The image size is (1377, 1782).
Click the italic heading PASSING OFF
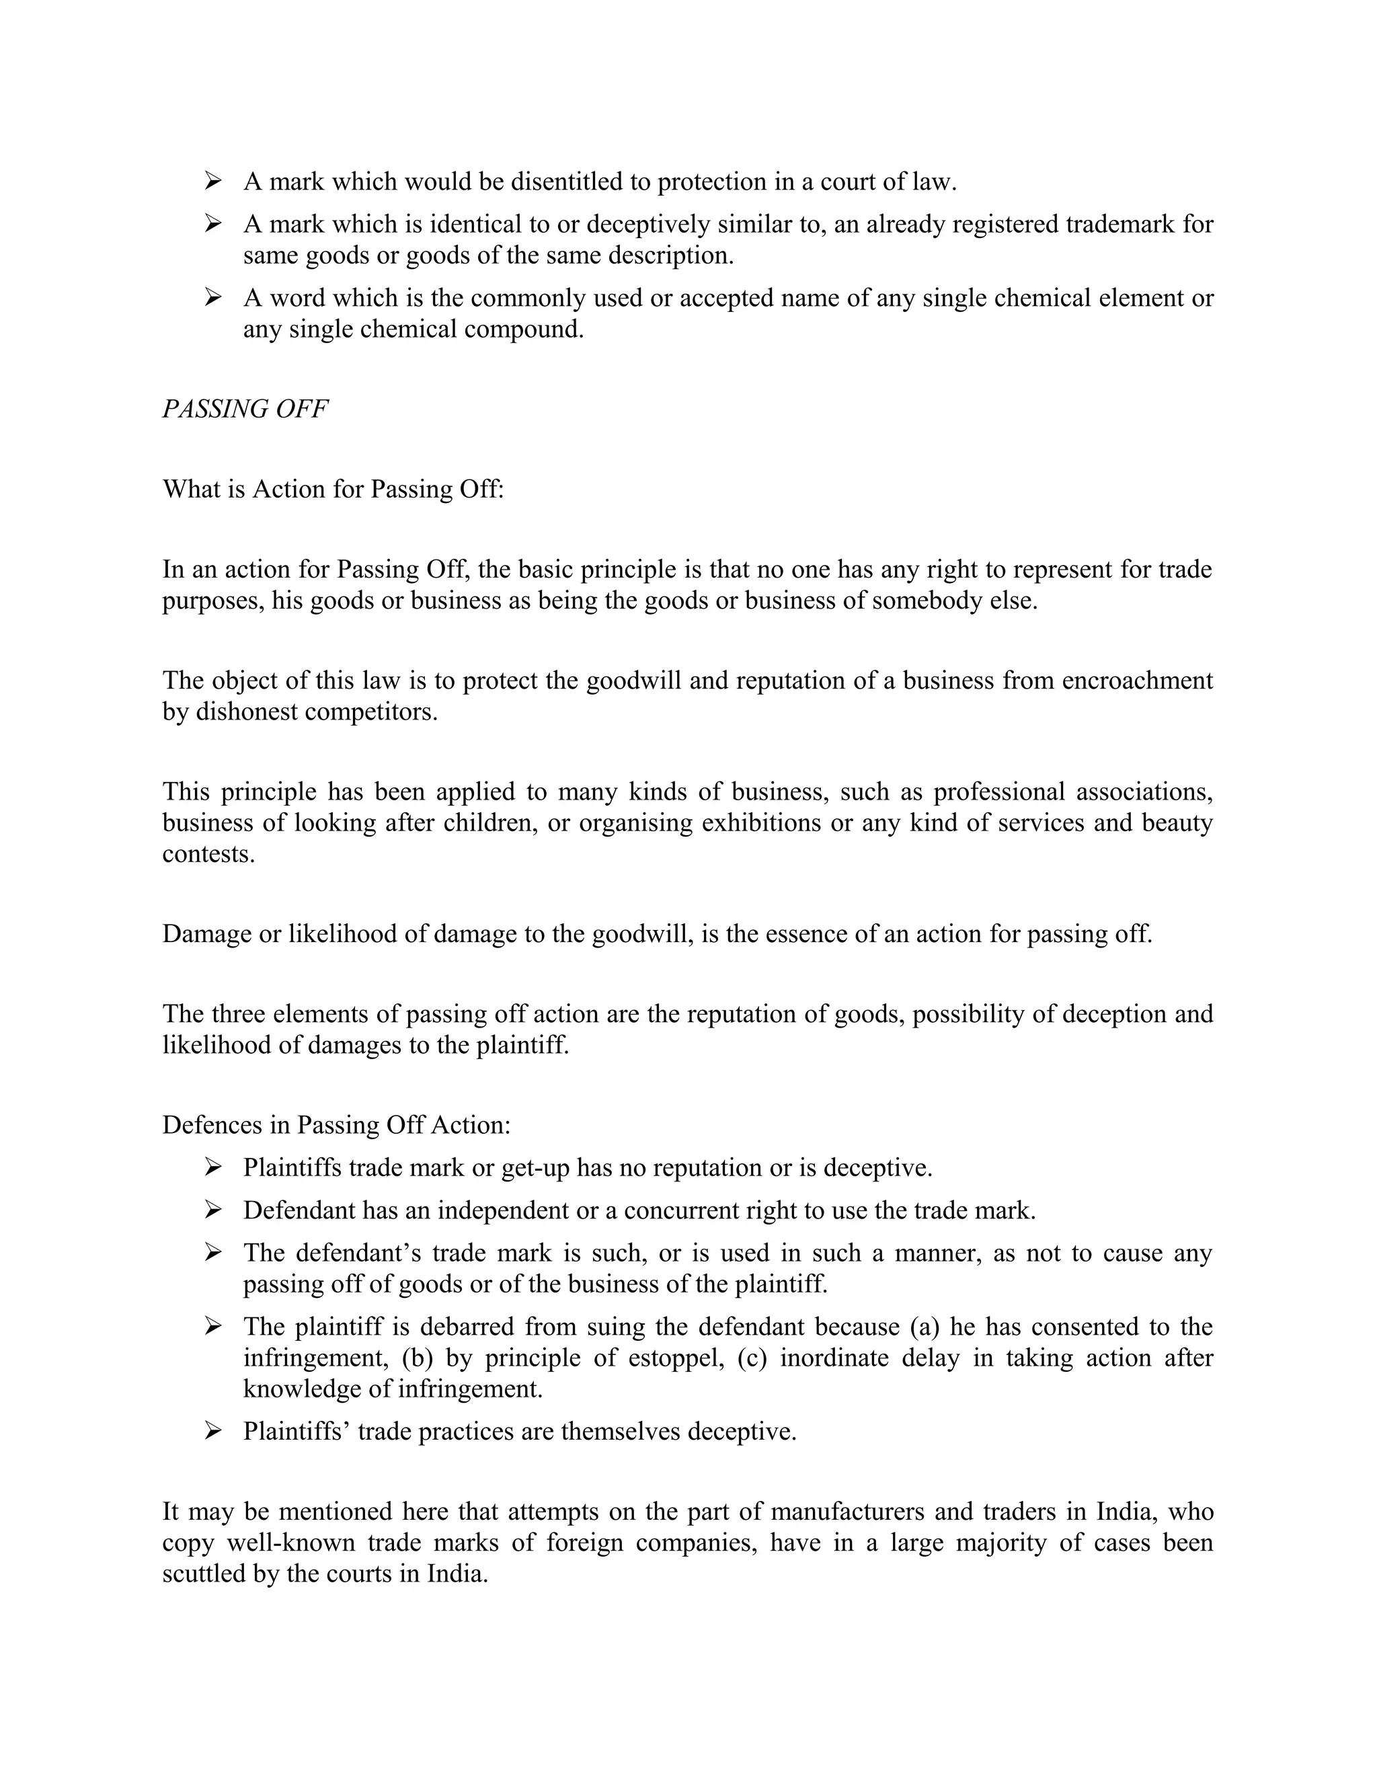pyautogui.click(x=245, y=409)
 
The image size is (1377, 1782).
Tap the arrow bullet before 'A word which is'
pyautogui.click(x=213, y=297)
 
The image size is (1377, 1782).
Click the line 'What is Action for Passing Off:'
pyautogui.click(x=333, y=489)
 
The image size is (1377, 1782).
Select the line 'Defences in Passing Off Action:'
pyautogui.click(x=336, y=1125)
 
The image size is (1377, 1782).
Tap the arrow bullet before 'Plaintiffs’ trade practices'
pyautogui.click(x=213, y=1431)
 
